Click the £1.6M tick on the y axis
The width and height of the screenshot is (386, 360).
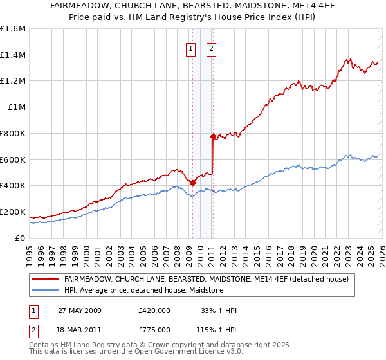[x=13, y=29]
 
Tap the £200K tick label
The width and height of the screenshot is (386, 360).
[x=13, y=212]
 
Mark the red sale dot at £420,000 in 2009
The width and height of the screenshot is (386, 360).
[x=192, y=183]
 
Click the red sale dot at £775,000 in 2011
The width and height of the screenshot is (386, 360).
[x=212, y=136]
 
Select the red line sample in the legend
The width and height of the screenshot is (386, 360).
[x=46, y=280]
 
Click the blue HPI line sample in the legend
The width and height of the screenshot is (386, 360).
[x=46, y=291]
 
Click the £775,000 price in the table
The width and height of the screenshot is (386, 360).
[x=154, y=329]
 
